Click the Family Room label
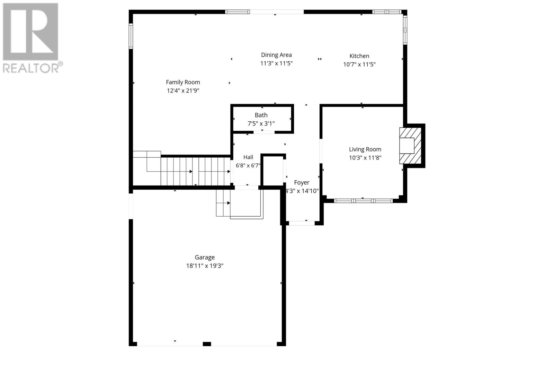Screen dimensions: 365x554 (x=183, y=82)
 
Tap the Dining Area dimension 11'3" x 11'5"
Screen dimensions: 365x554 (x=276, y=63)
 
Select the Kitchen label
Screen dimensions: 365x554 (x=359, y=56)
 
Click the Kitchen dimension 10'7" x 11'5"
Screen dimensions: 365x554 (x=359, y=64)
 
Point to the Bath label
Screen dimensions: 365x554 (x=261, y=115)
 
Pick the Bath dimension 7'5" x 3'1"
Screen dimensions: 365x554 (x=261, y=123)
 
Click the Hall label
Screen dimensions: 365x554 (x=248, y=157)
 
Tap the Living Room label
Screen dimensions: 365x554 (x=365, y=149)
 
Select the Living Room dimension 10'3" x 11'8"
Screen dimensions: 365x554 (x=365, y=158)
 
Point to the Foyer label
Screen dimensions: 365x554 (x=302, y=182)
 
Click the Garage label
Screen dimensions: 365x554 (x=205, y=257)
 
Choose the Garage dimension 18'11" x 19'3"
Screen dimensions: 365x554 (x=205, y=266)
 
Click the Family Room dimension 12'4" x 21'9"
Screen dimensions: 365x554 (x=183, y=91)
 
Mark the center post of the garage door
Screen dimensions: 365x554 (x=207, y=344)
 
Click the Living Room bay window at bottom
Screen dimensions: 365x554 (x=363, y=200)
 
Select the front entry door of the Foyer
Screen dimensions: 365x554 (x=302, y=223)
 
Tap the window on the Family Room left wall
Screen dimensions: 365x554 (x=131, y=36)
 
